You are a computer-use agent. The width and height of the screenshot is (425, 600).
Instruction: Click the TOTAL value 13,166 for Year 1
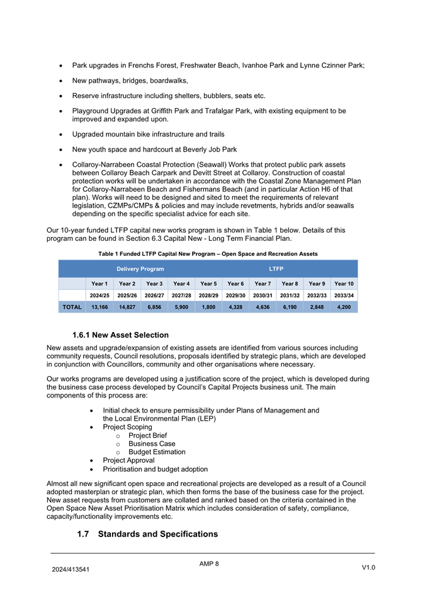(99, 308)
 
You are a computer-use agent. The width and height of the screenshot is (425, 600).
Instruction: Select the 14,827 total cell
(127, 308)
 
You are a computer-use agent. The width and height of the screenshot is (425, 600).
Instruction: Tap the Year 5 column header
(209, 284)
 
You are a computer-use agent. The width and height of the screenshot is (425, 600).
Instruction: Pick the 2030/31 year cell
(263, 295)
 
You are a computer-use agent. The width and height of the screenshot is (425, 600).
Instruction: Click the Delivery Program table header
(140, 269)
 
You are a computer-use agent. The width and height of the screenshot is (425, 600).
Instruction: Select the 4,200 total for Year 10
(344, 308)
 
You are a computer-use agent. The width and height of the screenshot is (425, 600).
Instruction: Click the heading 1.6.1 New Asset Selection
(120, 335)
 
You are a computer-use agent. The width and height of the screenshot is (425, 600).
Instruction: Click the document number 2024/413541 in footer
(71, 570)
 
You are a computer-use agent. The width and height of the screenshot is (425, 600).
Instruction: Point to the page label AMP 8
(209, 564)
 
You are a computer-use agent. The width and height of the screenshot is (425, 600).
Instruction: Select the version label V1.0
(368, 568)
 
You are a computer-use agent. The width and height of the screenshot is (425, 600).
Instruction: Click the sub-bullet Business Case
(152, 443)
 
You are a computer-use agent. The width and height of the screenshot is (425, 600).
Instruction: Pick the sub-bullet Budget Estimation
(157, 452)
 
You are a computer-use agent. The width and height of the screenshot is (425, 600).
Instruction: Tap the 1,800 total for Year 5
(209, 308)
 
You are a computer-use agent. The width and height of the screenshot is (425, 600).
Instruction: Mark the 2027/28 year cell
(181, 295)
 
